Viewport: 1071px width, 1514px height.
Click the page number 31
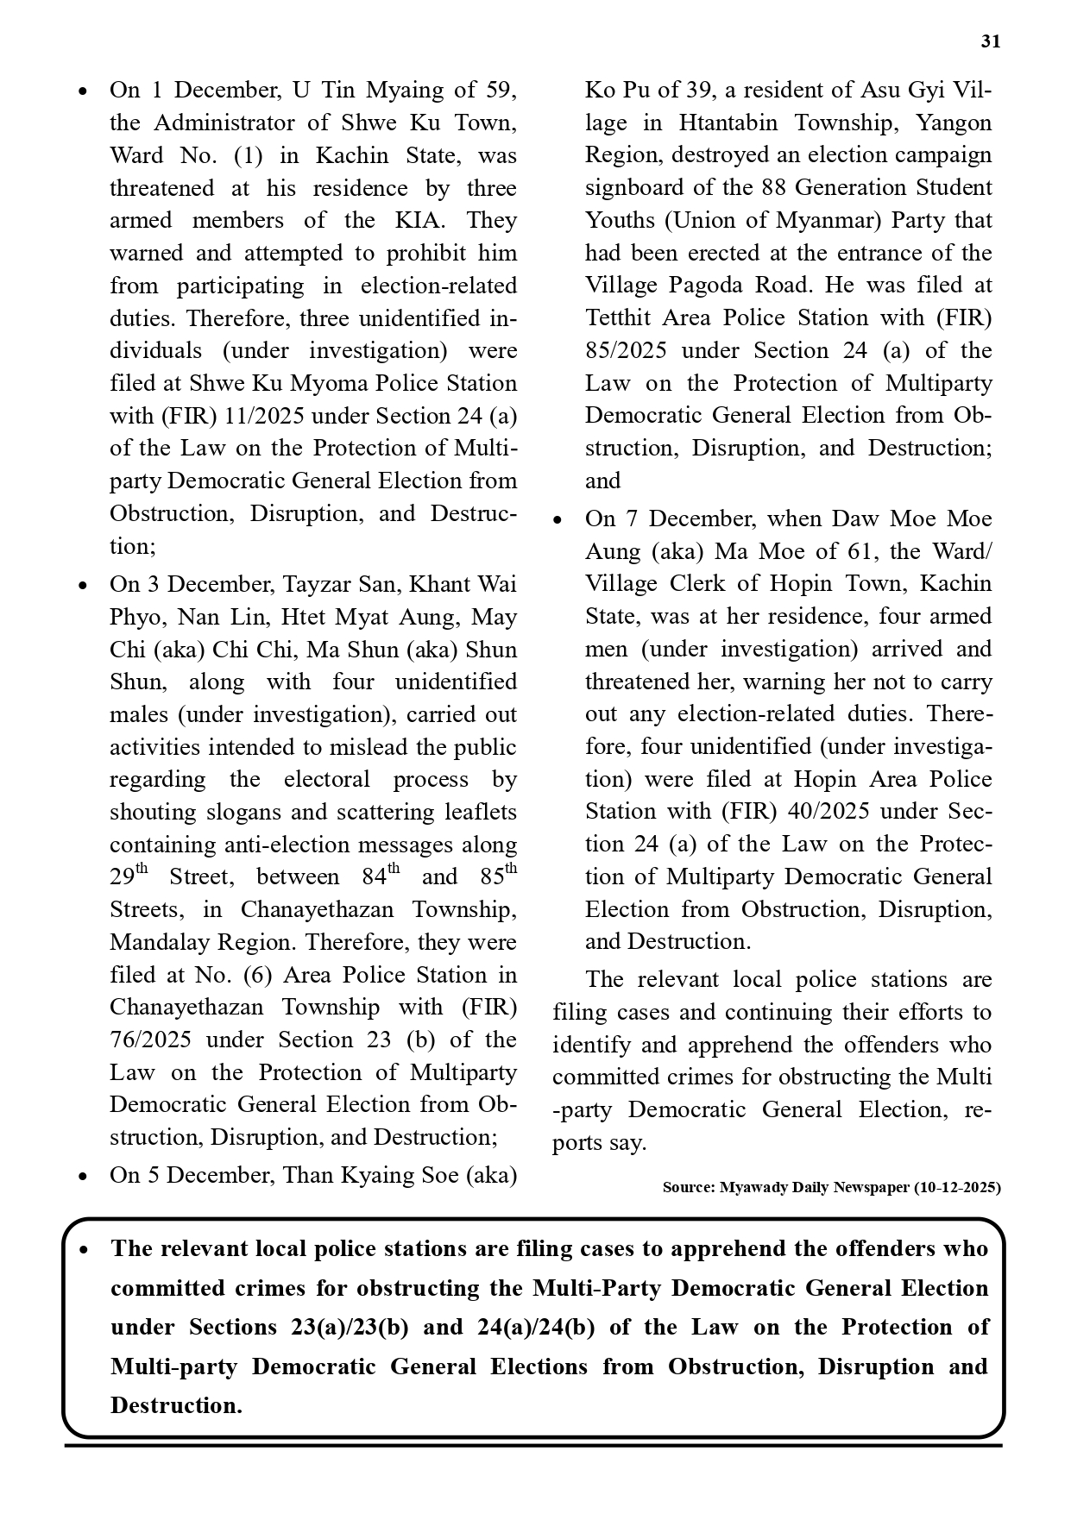tap(991, 42)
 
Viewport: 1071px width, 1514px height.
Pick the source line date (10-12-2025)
tap(958, 1188)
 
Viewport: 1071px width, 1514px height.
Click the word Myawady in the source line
tap(752, 1188)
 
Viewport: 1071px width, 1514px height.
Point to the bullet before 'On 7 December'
tap(558, 520)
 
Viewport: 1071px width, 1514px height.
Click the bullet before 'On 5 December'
tap(82, 1177)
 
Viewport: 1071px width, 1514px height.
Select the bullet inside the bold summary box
tap(83, 1250)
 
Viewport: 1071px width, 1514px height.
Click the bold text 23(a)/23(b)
tap(350, 1328)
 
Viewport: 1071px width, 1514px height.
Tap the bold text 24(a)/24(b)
tap(535, 1328)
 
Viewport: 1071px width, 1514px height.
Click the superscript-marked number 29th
tap(129, 876)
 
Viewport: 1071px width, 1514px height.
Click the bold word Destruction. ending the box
tap(176, 1405)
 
